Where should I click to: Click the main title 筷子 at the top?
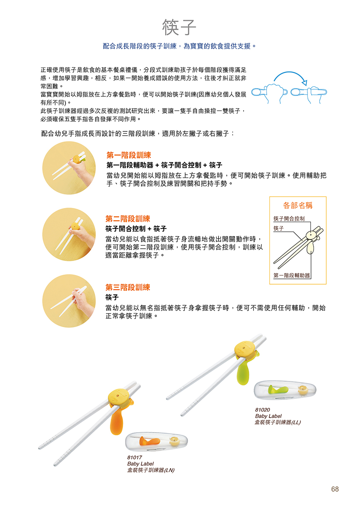179,27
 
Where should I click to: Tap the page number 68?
335,489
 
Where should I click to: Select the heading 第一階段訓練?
129,155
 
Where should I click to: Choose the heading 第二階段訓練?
128,219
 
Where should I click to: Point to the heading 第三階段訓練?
128,287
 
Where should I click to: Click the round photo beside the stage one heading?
69,168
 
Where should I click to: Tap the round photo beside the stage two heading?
69,234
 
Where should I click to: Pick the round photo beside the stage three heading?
69,301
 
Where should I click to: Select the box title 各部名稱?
298,205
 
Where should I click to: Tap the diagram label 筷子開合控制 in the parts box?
289,219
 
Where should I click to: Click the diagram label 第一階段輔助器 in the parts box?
292,275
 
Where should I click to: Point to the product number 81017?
134,458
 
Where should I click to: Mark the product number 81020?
262,410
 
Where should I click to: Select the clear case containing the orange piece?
156,442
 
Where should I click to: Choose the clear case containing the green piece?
285,390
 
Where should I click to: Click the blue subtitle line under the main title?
180,46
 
